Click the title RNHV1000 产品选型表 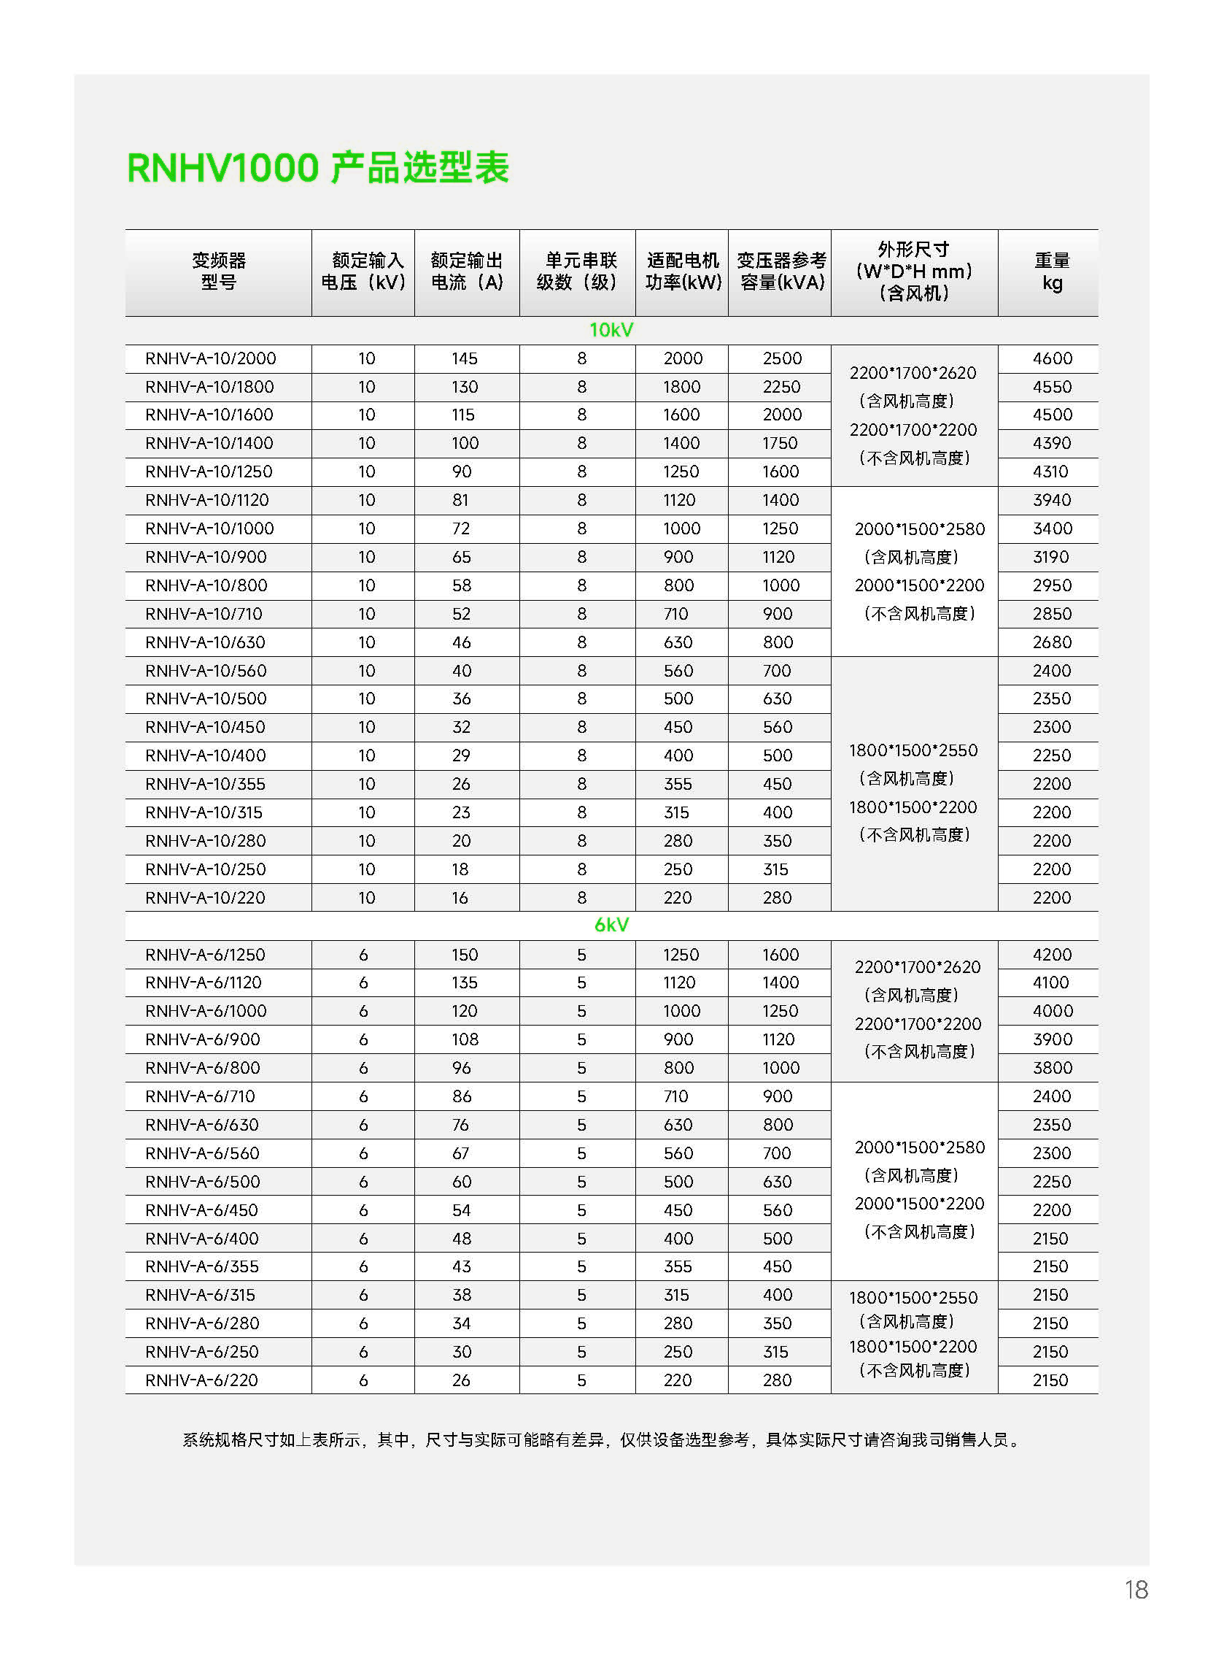[318, 169]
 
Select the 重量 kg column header [1051, 272]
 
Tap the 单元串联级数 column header [578, 272]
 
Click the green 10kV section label [611, 330]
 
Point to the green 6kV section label [611, 925]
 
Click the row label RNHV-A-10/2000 [210, 359]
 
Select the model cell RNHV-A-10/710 [204, 614]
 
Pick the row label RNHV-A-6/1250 [205, 955]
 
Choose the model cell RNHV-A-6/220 [201, 1380]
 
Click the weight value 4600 [1052, 359]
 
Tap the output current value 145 [465, 359]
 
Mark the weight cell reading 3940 [1051, 500]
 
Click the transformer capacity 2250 [782, 387]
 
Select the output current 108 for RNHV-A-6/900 [465, 1039]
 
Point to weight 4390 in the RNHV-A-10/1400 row [1051, 443]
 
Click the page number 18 [1136, 1590]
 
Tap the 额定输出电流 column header [467, 272]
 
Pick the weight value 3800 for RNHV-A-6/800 [1052, 1067]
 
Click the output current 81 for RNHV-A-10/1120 [460, 500]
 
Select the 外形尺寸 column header [914, 272]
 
